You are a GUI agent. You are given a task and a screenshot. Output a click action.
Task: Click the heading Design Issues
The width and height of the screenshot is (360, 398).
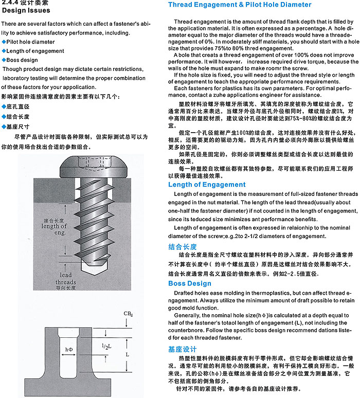(x=26, y=10)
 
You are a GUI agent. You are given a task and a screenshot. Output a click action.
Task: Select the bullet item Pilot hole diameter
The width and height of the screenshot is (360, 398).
(x=28, y=41)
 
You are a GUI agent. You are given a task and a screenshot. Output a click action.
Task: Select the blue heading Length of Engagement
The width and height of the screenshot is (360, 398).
(x=207, y=185)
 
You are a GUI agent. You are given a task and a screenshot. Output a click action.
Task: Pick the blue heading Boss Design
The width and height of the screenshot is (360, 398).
(x=190, y=283)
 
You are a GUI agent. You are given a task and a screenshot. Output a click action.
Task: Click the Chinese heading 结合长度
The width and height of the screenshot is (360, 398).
(x=183, y=247)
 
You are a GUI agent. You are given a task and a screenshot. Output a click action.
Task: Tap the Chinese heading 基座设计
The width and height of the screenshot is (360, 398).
(x=183, y=350)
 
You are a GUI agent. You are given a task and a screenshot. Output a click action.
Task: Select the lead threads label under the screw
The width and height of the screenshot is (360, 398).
(x=65, y=279)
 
